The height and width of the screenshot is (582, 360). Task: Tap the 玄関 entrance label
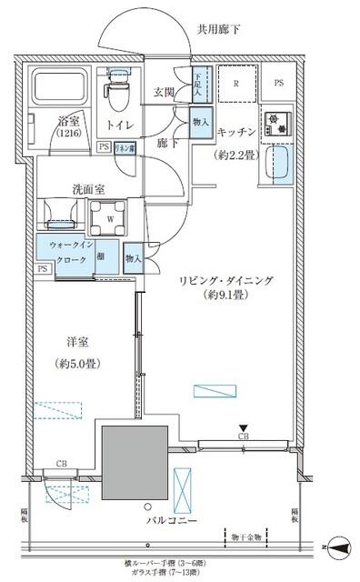click(165, 92)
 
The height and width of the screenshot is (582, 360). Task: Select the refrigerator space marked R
click(236, 85)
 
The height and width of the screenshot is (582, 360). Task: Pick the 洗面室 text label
click(90, 190)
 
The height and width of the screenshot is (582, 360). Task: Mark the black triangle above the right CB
click(243, 427)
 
